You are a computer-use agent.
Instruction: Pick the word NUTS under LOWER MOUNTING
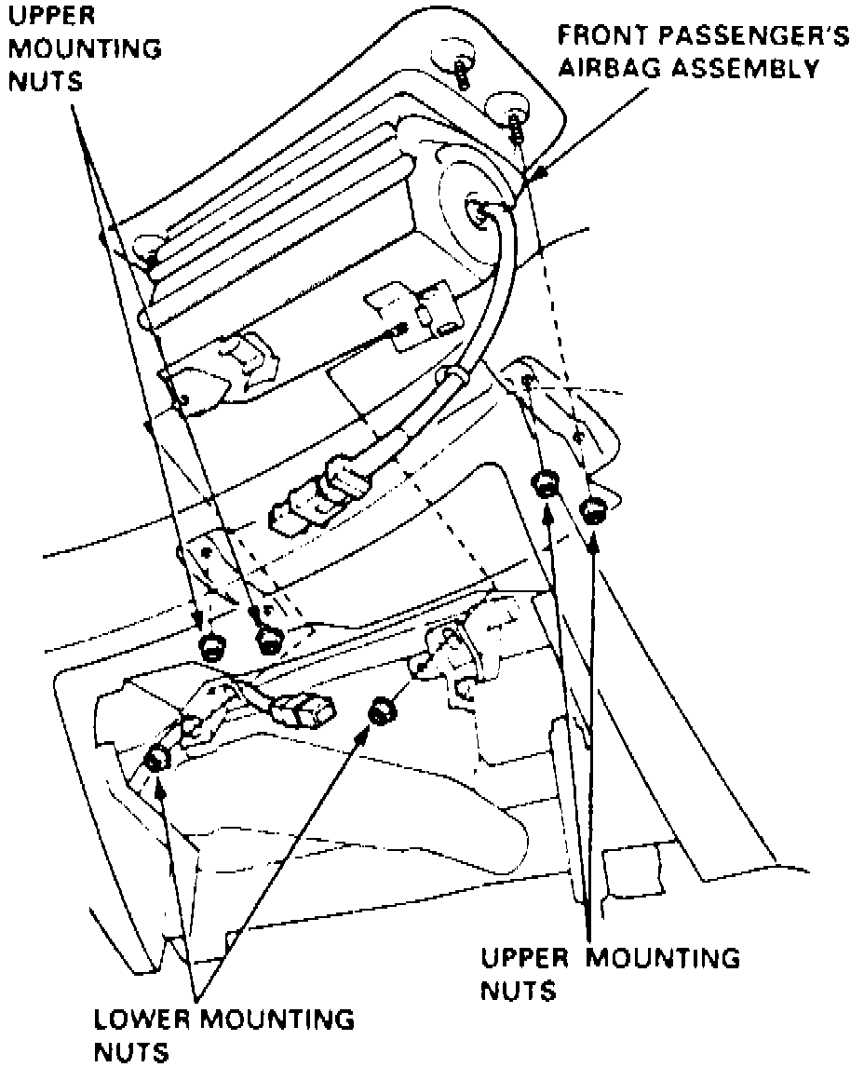click(x=132, y=1052)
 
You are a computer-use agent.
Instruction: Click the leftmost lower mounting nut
click(x=156, y=760)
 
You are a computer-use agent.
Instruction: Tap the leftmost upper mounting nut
click(x=210, y=644)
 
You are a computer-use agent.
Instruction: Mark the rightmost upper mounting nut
click(x=593, y=510)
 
